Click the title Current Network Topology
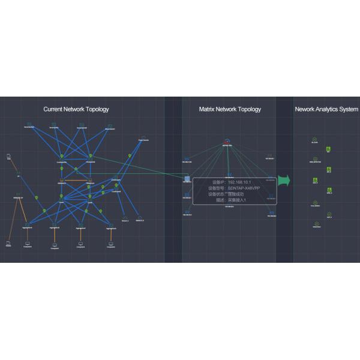(x=76, y=109)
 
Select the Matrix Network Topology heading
(x=230, y=109)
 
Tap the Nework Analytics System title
(x=326, y=109)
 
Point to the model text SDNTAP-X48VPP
(x=244, y=187)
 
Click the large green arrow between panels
(x=284, y=181)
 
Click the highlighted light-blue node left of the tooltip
(x=187, y=178)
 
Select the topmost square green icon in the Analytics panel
(x=328, y=148)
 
